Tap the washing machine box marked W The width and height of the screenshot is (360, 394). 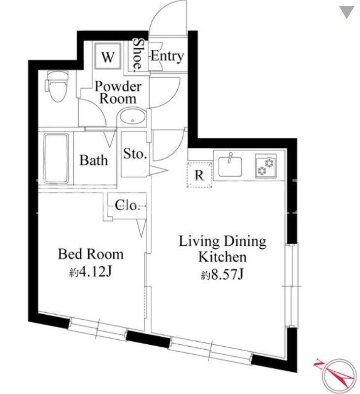[108, 56]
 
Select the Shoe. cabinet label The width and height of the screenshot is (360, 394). [137, 55]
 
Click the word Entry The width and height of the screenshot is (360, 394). [167, 56]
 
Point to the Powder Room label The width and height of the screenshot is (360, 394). [118, 92]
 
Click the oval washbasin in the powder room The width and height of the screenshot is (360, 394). [132, 116]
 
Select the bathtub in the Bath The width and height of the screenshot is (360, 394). [56, 159]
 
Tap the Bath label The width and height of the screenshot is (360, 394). [94, 161]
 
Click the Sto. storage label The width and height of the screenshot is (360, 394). [135, 154]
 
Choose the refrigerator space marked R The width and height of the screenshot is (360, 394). [199, 175]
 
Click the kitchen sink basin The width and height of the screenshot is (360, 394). [230, 166]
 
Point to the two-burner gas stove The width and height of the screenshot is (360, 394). [266, 166]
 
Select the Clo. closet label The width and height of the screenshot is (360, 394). [127, 205]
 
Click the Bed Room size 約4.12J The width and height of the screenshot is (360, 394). [91, 272]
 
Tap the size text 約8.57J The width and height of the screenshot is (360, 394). [222, 275]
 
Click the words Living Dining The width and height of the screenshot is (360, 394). [223, 241]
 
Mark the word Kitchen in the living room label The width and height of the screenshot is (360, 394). [223, 257]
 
